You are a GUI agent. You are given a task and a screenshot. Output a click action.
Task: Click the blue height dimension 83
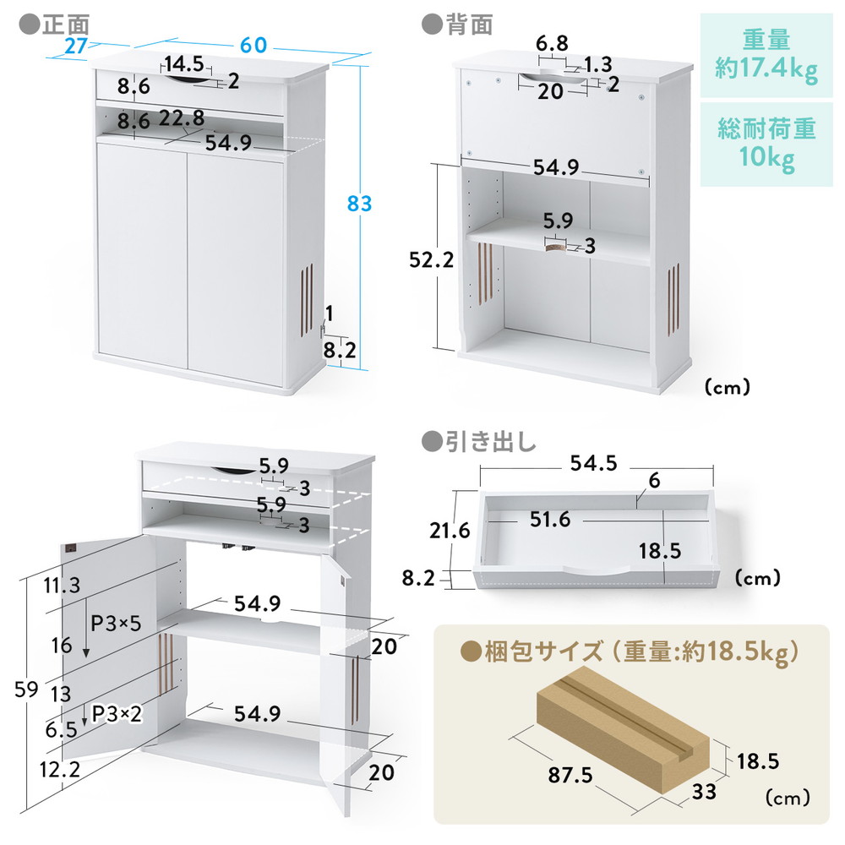point(359,204)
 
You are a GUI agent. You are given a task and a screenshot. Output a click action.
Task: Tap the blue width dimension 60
point(253,46)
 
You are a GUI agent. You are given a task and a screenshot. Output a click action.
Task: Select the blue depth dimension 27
point(76,46)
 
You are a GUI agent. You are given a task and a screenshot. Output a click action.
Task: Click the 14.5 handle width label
point(184,64)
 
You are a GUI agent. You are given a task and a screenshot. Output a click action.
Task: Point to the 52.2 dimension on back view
point(431,259)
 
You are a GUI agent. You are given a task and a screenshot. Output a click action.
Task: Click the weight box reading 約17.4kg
point(766,69)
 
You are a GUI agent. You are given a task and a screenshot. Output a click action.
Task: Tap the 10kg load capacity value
point(766,157)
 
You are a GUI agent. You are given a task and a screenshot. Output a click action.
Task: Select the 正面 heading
point(66,25)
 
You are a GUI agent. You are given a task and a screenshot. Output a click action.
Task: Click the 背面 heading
point(469,25)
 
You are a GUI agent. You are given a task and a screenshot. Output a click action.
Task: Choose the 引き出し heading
point(490,442)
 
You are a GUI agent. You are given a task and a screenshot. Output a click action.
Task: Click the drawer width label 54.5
point(593,463)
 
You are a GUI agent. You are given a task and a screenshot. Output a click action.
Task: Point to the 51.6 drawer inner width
point(550,520)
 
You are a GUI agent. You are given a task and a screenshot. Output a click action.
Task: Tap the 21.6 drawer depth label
point(450,531)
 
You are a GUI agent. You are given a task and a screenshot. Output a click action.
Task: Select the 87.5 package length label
point(570,775)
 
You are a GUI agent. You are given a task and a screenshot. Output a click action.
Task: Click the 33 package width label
point(704,792)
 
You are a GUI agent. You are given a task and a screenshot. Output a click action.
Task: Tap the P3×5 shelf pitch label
point(116,624)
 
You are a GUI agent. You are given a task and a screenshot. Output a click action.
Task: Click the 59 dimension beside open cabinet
point(26,690)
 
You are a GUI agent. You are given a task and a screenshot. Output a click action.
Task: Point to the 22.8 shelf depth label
point(182,118)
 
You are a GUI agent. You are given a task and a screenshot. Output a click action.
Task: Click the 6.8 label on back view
point(552,42)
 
